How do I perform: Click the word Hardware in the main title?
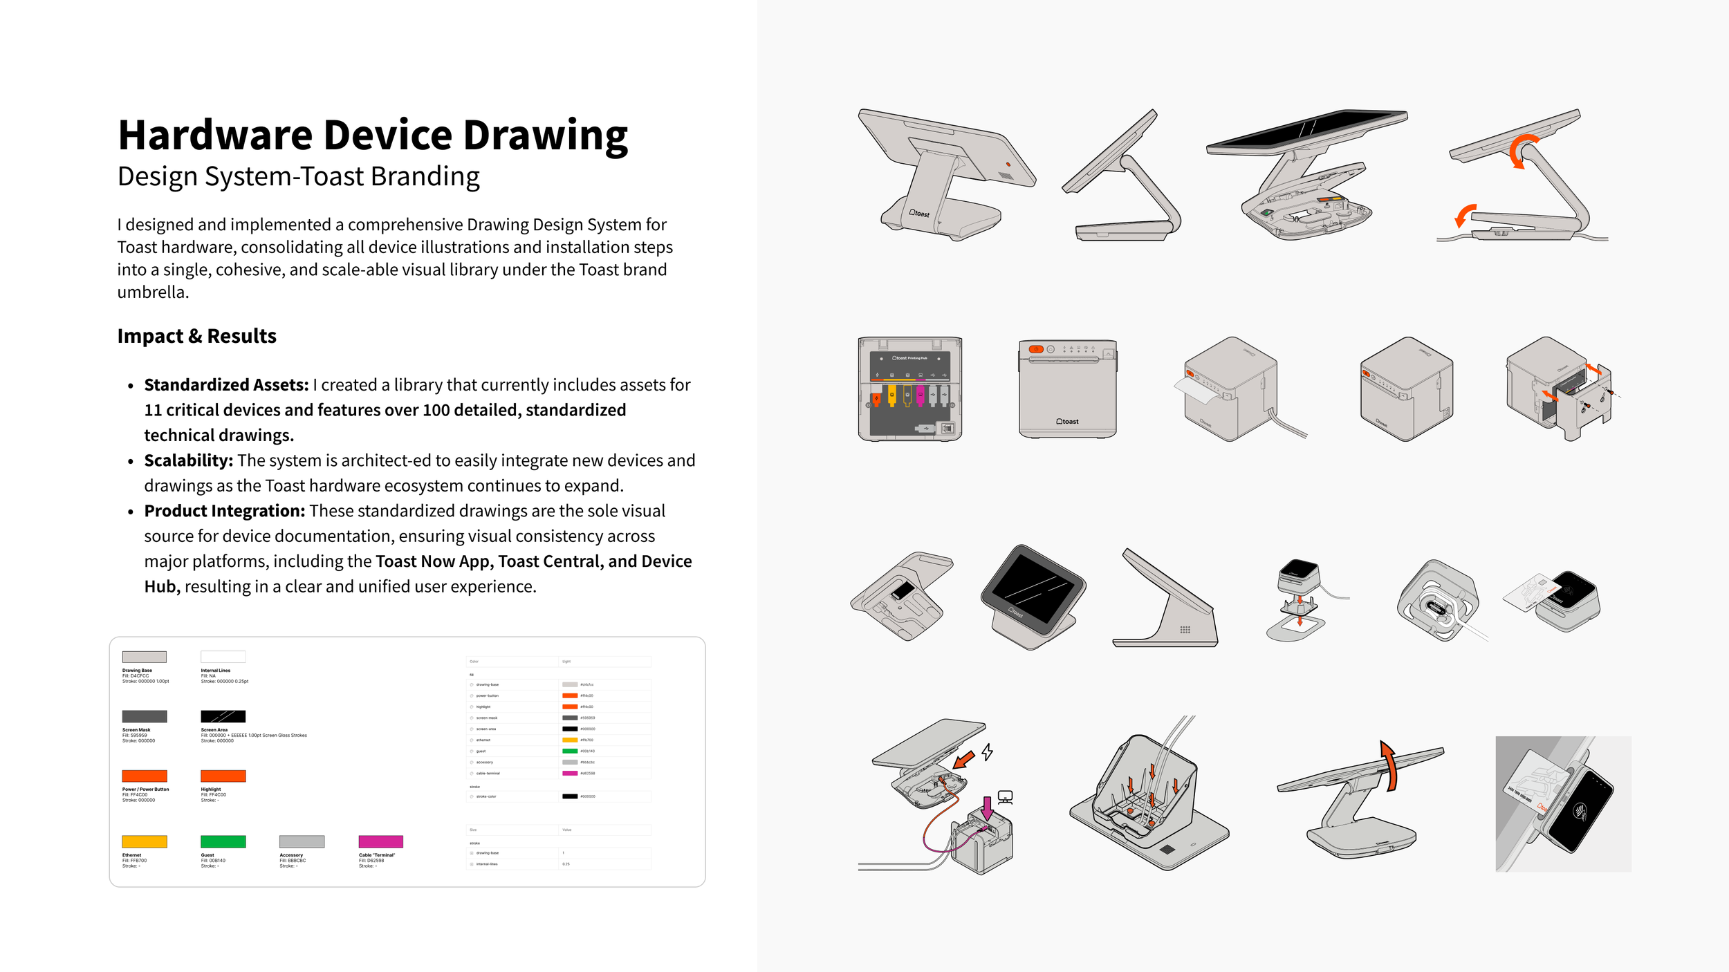pos(215,135)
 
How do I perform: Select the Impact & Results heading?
pos(196,336)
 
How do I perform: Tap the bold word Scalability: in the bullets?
pos(188,460)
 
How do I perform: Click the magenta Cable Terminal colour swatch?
pos(380,841)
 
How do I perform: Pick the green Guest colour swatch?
pos(223,841)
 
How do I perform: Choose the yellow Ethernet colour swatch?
pos(144,841)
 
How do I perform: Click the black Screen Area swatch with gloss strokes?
pos(223,716)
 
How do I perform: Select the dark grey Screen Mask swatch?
pos(144,716)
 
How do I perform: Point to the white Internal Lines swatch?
pos(223,657)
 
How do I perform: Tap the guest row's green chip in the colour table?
pos(569,751)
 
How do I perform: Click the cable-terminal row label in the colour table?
pos(488,773)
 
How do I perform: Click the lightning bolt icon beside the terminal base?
pos(988,751)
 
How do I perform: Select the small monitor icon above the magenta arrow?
pos(1005,797)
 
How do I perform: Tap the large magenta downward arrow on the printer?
pos(988,808)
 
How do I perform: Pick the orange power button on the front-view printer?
pos(1035,349)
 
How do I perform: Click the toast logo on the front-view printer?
pos(1067,421)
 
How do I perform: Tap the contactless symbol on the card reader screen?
pos(1580,812)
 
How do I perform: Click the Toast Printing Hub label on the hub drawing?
pos(909,358)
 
